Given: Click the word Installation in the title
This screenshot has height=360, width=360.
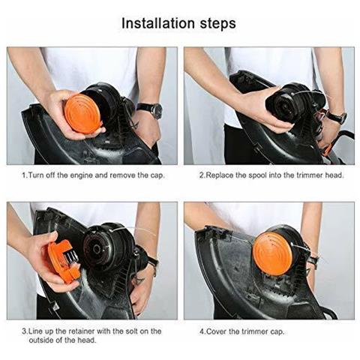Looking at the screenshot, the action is (158, 23).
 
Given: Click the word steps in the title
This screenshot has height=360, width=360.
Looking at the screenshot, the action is (217, 24).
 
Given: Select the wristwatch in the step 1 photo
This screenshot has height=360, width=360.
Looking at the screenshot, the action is (151, 109).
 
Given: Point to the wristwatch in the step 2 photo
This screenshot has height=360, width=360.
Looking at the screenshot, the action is (338, 117).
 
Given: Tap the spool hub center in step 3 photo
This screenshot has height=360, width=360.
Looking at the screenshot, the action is (97, 248).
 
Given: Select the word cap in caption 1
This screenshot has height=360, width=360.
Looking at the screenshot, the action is (157, 175).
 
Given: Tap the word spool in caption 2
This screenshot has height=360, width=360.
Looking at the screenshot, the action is (257, 175).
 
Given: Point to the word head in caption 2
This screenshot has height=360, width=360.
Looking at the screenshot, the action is (334, 175).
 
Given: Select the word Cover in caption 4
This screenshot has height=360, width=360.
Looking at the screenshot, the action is (217, 331).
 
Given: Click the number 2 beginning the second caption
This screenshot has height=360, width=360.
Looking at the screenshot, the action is (202, 175).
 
